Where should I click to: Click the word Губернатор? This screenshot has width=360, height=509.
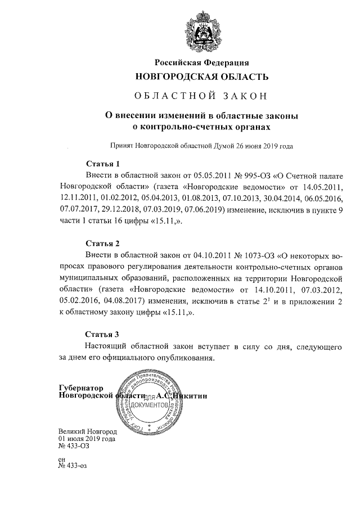82,388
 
